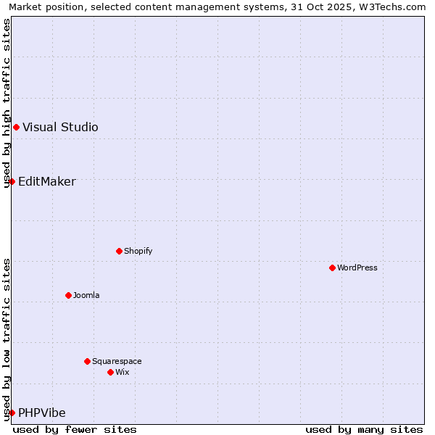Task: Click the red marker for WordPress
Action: [x=332, y=268]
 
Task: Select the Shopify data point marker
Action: [x=119, y=251]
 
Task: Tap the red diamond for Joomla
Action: [x=68, y=295]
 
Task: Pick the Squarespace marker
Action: [x=87, y=361]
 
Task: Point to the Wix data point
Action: [x=110, y=372]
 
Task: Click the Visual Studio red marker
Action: [x=16, y=128]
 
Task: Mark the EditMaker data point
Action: [x=12, y=181]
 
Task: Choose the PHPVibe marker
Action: [x=12, y=413]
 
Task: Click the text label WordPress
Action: [x=357, y=268]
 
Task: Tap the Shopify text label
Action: [x=138, y=251]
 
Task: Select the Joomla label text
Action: [x=86, y=295]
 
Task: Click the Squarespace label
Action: [x=117, y=361]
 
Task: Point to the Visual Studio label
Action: [x=60, y=128]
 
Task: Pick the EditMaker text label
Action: [x=46, y=181]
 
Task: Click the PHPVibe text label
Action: [x=41, y=413]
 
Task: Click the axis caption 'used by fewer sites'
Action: [x=75, y=429]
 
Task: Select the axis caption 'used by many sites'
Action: [x=364, y=429]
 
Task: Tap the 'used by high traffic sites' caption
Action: [x=7, y=103]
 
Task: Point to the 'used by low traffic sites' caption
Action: [x=7, y=339]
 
